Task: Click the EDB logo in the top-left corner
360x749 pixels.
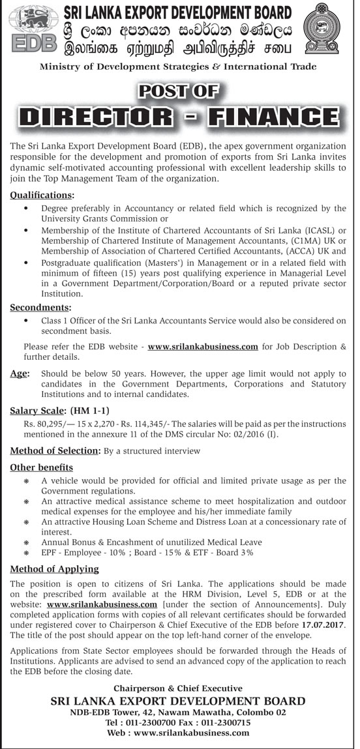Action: [x=31, y=31]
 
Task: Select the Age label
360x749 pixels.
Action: [x=20, y=374]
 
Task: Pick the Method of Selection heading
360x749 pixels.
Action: [x=54, y=451]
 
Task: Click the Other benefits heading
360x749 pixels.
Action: [x=42, y=467]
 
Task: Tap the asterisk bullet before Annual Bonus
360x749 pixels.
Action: [x=27, y=542]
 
